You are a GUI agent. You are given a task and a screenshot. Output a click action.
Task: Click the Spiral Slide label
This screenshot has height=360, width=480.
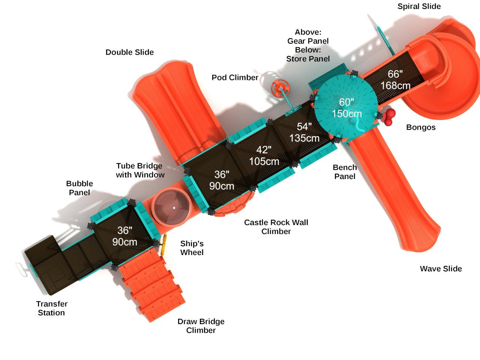[419, 6]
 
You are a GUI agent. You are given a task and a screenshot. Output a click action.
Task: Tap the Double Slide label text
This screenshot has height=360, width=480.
[129, 52]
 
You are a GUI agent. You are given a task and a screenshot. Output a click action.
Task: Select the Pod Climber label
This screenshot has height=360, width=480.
[235, 78]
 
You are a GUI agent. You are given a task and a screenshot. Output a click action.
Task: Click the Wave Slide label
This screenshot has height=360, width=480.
[441, 268]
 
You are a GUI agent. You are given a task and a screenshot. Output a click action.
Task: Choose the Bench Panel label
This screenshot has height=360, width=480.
[345, 172]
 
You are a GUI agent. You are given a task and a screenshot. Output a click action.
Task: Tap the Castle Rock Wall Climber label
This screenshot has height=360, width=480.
[276, 227]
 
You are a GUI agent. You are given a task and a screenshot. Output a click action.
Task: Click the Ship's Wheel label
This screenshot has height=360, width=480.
[192, 248]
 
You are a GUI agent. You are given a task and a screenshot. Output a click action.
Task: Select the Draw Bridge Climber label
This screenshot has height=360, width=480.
[201, 326]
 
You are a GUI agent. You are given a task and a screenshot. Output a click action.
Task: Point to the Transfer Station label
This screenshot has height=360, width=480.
[52, 308]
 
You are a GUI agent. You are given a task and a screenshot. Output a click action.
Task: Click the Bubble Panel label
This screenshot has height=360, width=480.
[79, 188]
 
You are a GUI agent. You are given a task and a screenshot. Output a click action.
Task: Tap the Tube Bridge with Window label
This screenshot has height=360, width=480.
[139, 170]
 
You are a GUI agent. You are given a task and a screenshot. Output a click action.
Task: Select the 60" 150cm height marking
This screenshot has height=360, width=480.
[346, 108]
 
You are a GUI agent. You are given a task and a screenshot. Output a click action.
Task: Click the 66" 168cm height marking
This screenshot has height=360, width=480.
[395, 80]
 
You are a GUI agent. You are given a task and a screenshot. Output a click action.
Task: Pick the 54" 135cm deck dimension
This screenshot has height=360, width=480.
[304, 132]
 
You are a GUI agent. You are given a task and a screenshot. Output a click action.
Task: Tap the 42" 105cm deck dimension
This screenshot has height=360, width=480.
[264, 156]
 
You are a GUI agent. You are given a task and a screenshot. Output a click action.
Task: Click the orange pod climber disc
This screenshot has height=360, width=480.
[280, 89]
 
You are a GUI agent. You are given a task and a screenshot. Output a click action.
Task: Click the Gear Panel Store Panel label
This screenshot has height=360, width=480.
[308, 45]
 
